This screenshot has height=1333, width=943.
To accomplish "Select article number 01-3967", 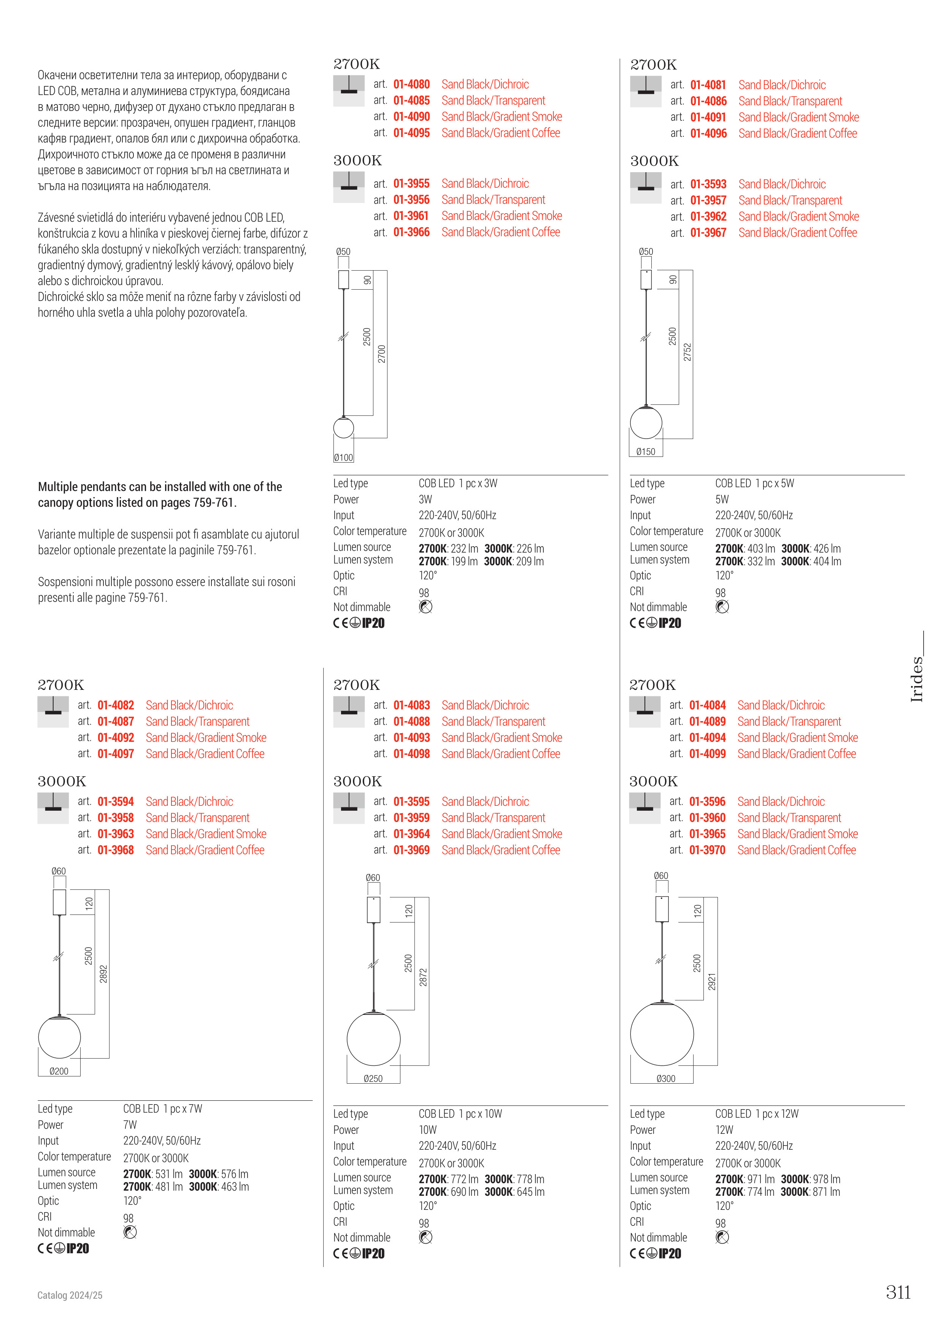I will point(708,233).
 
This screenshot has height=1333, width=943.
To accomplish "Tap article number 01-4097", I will point(116,754).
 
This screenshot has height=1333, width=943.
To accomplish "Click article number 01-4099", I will point(707,754).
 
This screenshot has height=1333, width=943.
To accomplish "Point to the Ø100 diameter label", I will point(343,458).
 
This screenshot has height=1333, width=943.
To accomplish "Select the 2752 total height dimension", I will point(687,352).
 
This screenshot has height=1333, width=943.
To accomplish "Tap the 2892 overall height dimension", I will point(103,974).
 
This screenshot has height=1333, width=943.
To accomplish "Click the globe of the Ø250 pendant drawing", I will point(373,1039).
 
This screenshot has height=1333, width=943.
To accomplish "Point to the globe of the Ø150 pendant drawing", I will point(646,423).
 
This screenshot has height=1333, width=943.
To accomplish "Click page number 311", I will point(898,1292).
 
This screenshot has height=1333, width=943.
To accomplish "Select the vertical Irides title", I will point(916,679).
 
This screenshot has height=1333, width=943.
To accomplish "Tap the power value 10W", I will point(427,1130).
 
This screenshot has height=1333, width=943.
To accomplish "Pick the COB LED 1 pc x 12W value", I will point(757,1114).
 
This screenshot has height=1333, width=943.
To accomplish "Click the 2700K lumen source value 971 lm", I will point(745,1179).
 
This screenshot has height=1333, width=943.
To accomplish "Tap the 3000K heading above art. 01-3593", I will point(654,161).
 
